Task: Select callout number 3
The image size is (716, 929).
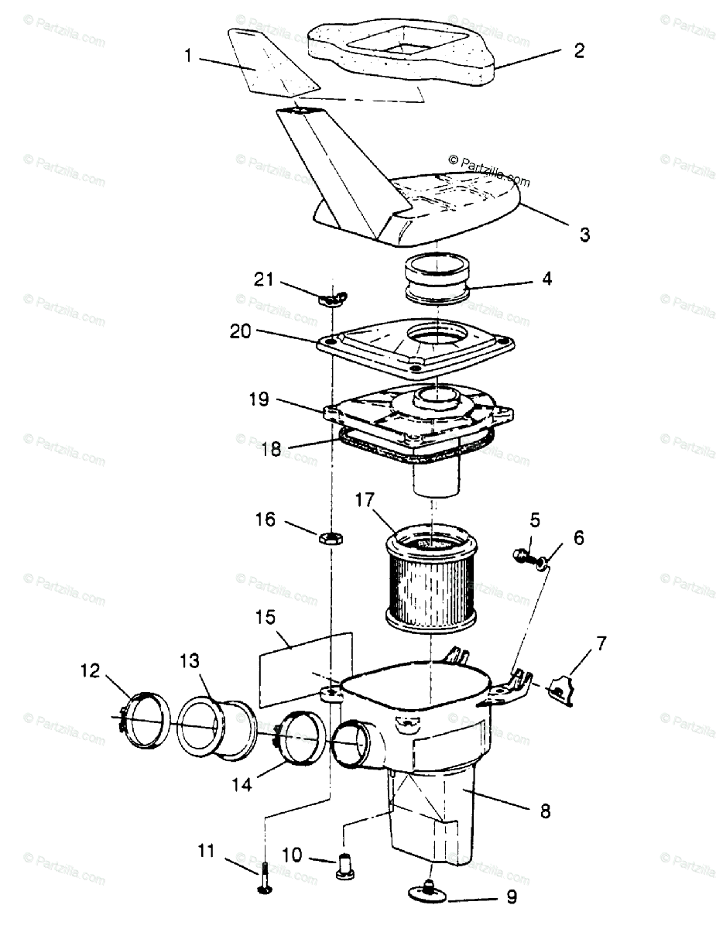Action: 584,234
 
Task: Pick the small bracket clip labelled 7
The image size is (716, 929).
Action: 561,687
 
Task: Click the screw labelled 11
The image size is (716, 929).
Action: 265,881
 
